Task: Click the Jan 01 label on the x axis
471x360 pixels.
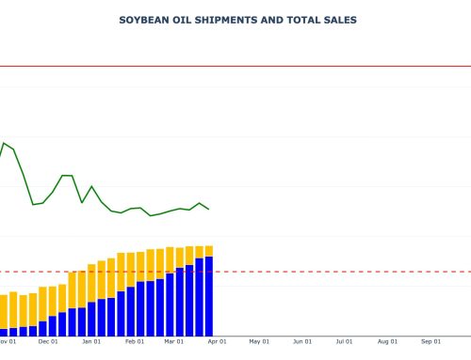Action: (x=91, y=342)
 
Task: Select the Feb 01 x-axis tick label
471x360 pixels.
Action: (x=135, y=342)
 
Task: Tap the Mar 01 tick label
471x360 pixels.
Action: (x=174, y=342)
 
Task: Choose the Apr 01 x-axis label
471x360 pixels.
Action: (x=217, y=342)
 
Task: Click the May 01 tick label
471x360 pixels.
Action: (x=259, y=342)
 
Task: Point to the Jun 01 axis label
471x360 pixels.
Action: (x=302, y=342)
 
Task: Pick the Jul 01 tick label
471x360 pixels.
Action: (x=345, y=342)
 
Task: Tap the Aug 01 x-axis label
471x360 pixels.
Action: (x=388, y=342)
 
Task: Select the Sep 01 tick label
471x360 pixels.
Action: (x=431, y=342)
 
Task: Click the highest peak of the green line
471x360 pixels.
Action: (x=4, y=143)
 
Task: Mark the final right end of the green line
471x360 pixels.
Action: (x=208, y=209)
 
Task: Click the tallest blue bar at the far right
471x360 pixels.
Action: (x=208, y=296)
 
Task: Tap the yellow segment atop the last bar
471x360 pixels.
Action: (x=208, y=251)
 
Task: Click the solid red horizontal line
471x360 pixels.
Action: (x=283, y=67)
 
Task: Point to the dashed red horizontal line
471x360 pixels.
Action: (x=283, y=272)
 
